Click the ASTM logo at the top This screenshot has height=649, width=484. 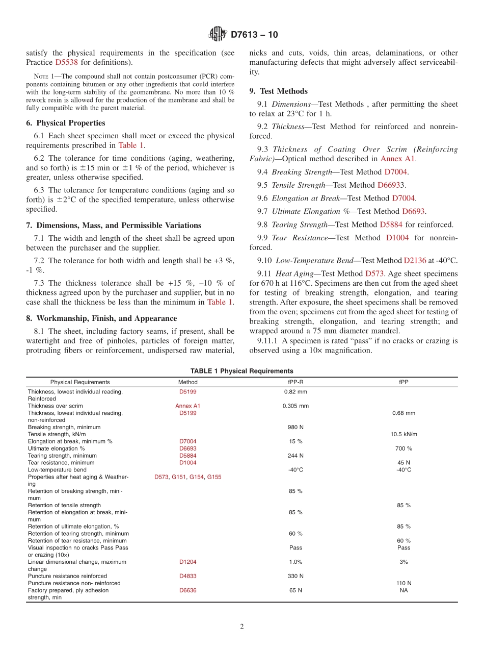218,35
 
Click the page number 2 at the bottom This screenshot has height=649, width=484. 242,627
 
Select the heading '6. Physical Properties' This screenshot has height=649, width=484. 66,123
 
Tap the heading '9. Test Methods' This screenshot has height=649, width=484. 278,91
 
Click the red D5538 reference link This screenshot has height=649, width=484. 67,62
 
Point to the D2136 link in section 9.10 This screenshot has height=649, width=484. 415,260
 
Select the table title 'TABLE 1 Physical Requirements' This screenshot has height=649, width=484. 242,371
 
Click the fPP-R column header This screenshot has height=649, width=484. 295,382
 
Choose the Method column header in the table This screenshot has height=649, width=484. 187,382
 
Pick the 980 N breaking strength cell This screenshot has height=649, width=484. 295,427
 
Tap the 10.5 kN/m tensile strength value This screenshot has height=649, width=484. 404,434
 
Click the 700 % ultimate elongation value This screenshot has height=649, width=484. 404,448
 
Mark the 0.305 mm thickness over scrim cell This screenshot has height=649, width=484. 295,406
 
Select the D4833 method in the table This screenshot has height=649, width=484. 187,576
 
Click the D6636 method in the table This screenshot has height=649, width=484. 187,590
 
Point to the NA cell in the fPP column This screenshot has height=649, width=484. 404,590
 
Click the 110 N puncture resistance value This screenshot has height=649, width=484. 404,583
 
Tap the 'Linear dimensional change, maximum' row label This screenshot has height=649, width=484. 77,562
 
